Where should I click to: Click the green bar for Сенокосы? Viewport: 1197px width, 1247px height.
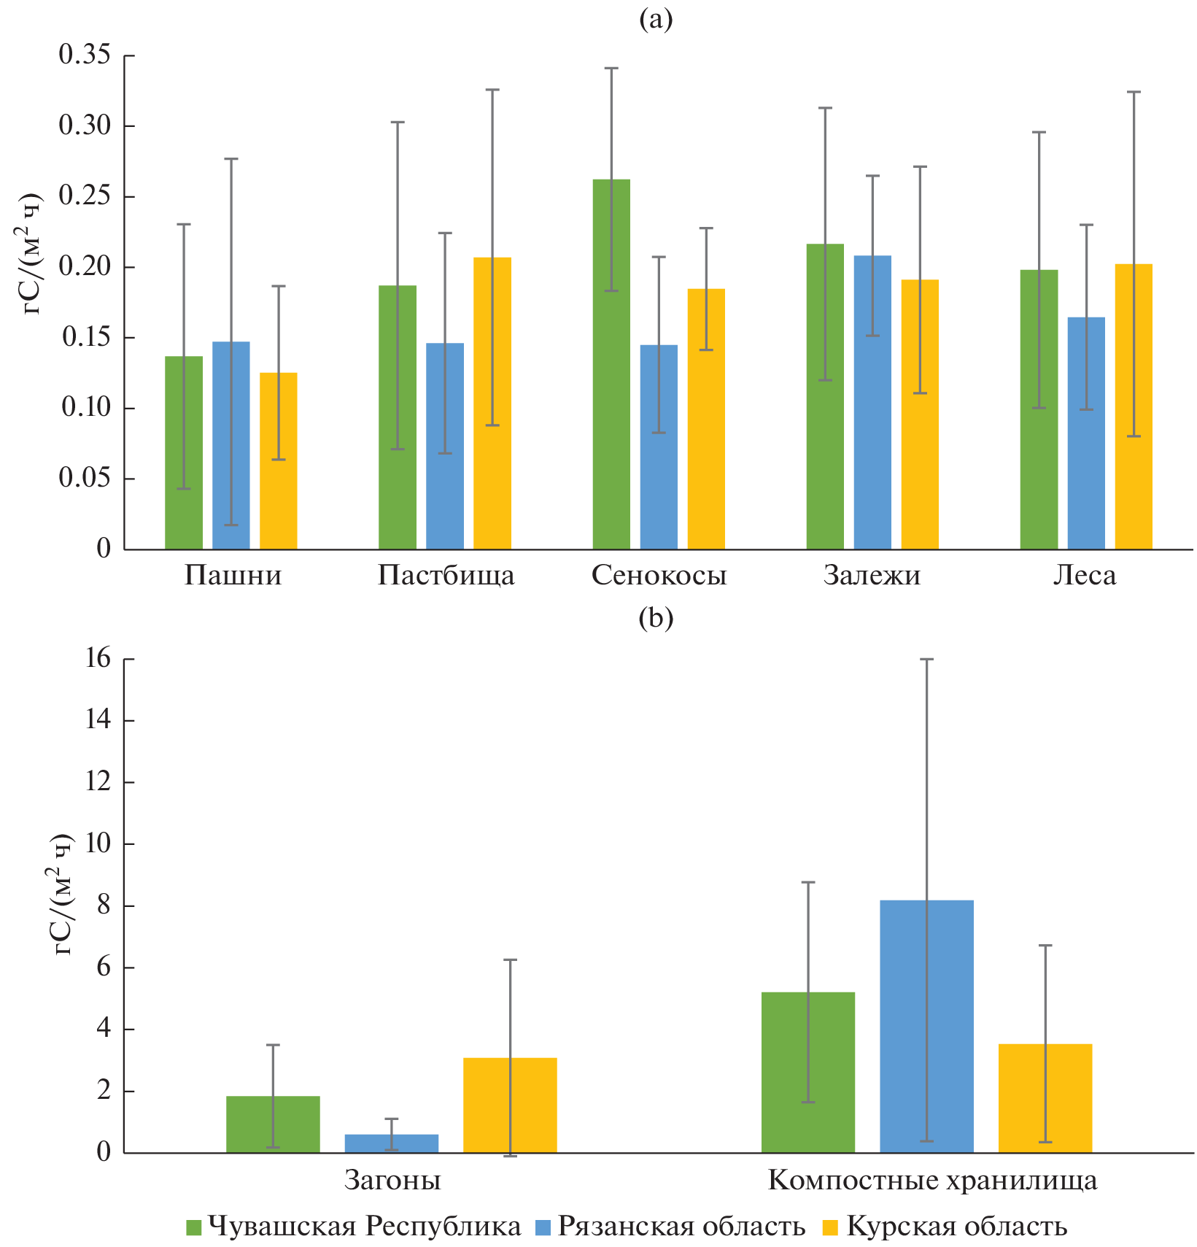click(611, 364)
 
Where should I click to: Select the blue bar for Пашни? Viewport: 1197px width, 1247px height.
click(231, 445)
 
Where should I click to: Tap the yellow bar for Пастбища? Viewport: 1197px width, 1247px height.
click(492, 403)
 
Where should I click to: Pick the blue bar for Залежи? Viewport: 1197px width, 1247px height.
click(872, 402)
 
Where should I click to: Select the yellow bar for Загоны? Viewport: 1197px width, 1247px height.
click(510, 1105)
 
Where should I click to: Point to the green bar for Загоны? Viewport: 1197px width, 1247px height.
click(273, 1124)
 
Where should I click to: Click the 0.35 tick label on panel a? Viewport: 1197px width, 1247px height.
click(85, 55)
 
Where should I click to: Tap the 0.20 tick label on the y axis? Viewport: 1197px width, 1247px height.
click(85, 267)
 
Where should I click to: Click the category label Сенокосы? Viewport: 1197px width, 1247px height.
click(659, 576)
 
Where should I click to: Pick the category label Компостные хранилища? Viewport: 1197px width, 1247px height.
click(932, 1180)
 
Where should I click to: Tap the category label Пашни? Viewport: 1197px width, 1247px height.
click(233, 576)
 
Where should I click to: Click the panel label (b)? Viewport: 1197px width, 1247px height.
click(656, 618)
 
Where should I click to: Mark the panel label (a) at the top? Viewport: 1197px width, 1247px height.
click(656, 20)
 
